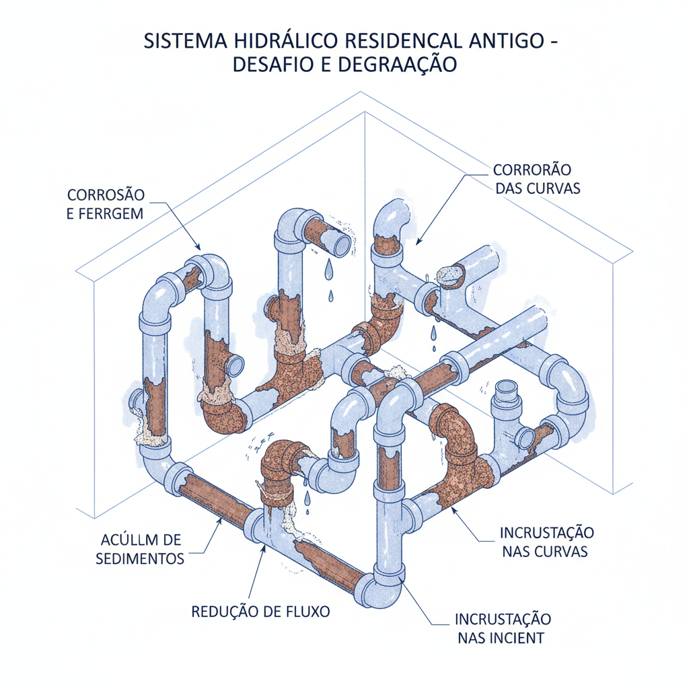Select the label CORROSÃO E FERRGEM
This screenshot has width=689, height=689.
(x=106, y=205)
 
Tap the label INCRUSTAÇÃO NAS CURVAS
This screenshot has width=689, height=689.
(x=547, y=542)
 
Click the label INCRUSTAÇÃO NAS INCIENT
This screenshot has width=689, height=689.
(x=503, y=628)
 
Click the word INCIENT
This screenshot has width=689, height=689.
(x=519, y=637)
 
